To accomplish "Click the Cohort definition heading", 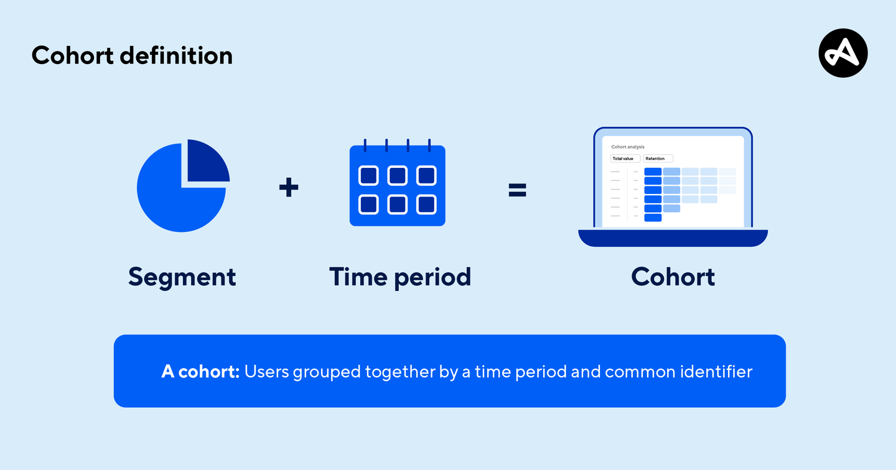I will pyautogui.click(x=132, y=55).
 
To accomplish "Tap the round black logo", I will pyautogui.click(x=842, y=53).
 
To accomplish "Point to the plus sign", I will pyautogui.click(x=289, y=187).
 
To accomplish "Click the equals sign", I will pyautogui.click(x=517, y=190).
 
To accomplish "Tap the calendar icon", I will pyautogui.click(x=397, y=185).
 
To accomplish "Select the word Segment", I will pyautogui.click(x=182, y=277).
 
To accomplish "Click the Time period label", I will pyautogui.click(x=399, y=277).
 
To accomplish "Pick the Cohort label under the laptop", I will pyautogui.click(x=673, y=277).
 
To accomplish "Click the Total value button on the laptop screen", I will pyautogui.click(x=625, y=159).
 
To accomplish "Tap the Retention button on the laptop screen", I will pyautogui.click(x=658, y=159).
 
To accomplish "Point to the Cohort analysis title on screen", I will pyautogui.click(x=628, y=147).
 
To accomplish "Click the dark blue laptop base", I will pyautogui.click(x=673, y=237).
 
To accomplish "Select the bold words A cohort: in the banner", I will pyautogui.click(x=200, y=372).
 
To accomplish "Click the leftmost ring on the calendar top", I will pyautogui.click(x=365, y=145).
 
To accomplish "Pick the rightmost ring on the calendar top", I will pyautogui.click(x=429, y=145).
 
